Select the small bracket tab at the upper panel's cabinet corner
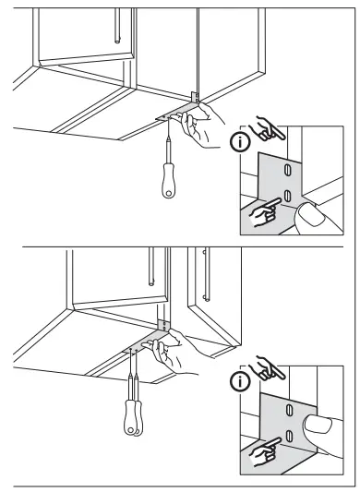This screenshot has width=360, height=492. (x=193, y=96)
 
